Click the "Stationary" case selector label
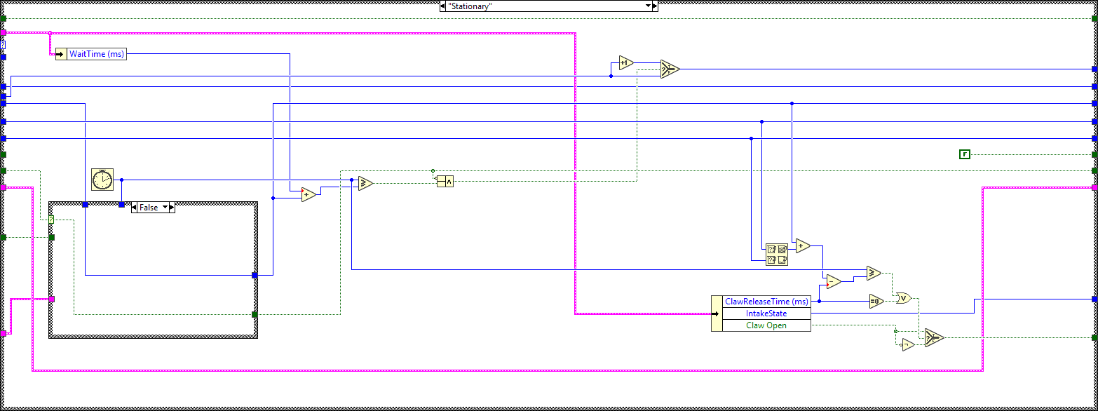click(545, 6)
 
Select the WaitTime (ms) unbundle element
click(97, 54)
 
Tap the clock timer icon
click(102, 180)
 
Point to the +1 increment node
click(625, 62)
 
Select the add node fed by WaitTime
click(309, 195)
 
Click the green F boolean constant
click(964, 154)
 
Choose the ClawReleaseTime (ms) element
click(766, 302)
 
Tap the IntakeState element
click(766, 314)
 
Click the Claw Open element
click(766, 325)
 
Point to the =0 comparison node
click(876, 301)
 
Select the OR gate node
click(904, 298)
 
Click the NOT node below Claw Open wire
click(908, 344)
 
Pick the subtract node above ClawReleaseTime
click(833, 281)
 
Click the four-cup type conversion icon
click(777, 254)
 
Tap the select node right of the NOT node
click(933, 338)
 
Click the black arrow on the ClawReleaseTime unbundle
click(717, 314)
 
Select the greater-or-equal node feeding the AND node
click(365, 184)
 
